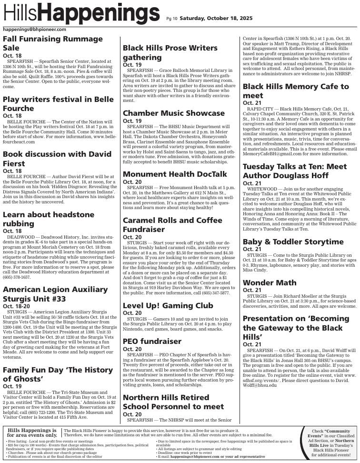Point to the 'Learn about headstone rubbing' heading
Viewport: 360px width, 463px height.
pos(49,219)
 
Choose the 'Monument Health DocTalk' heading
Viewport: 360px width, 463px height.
pos(175,174)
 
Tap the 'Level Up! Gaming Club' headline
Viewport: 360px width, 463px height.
pos(168,305)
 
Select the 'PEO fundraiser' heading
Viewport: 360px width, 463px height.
pos(152,341)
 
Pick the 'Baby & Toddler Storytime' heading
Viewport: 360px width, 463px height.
pos(293,242)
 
